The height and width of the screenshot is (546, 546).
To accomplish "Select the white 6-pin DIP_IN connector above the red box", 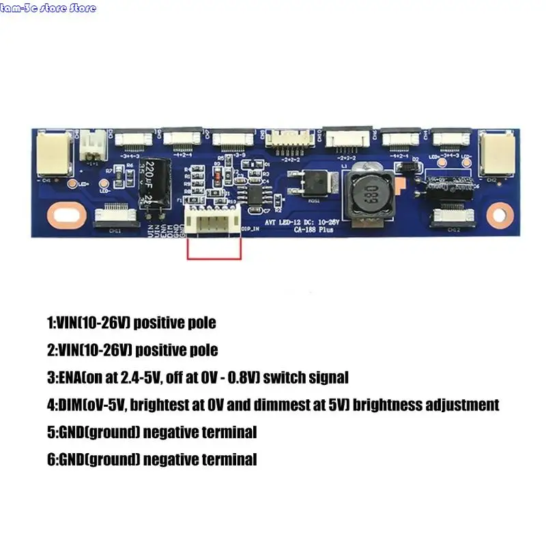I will (x=212, y=221).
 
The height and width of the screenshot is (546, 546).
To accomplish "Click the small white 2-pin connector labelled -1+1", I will (x=90, y=145).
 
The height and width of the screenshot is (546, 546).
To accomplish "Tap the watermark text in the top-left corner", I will (x=48, y=8).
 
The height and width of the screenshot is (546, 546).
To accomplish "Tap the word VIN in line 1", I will (x=71, y=322).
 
